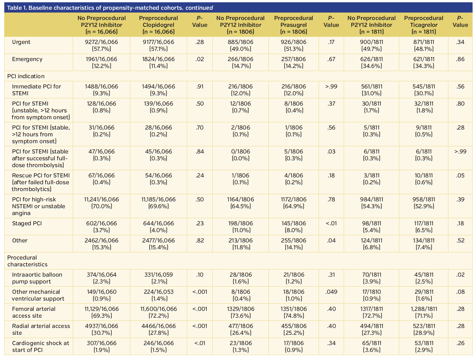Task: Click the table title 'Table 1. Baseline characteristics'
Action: tap(110, 8)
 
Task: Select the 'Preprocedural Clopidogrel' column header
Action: tap(158, 25)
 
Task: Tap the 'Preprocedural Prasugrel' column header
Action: tap(294, 25)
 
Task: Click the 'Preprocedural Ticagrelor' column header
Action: tap(424, 25)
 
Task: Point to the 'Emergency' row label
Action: tap(27, 59)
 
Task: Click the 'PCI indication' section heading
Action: tap(26, 76)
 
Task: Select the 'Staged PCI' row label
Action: tap(27, 223)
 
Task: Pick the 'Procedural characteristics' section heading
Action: tap(27, 261)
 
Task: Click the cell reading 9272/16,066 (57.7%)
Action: tap(101, 45)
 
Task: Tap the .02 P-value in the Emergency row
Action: tap(200, 59)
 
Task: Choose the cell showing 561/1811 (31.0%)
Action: tap(371, 90)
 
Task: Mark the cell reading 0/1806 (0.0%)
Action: tap(241, 155)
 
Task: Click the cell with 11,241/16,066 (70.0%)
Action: tap(101, 203)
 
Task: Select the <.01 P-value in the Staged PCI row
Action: tap(331, 223)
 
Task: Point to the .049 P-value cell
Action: tap(331, 292)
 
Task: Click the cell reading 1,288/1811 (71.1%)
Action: tap(424, 312)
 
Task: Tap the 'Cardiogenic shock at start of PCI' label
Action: tap(40, 346)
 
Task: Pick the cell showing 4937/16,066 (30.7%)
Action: tap(101, 329)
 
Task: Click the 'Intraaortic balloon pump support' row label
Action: tap(37, 278)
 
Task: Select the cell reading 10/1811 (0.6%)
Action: tap(424, 179)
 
